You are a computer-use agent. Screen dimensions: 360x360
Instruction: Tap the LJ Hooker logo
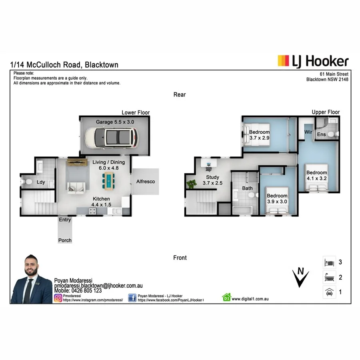313,61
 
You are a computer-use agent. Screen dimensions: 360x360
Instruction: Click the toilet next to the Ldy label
28,182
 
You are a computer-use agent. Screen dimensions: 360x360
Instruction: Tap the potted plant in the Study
192,184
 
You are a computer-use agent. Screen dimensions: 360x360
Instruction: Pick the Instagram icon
58,298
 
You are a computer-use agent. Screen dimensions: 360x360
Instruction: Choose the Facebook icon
132,298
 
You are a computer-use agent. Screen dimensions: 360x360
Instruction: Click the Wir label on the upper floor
308,132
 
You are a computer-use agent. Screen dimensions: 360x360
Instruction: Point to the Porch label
65,240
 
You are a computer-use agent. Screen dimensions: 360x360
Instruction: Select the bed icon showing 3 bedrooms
328,262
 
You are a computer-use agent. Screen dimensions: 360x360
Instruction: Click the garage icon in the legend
328,292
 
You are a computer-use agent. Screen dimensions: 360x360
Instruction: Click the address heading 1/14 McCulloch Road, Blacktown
64,65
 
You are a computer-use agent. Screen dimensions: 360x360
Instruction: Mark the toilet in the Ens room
332,134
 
